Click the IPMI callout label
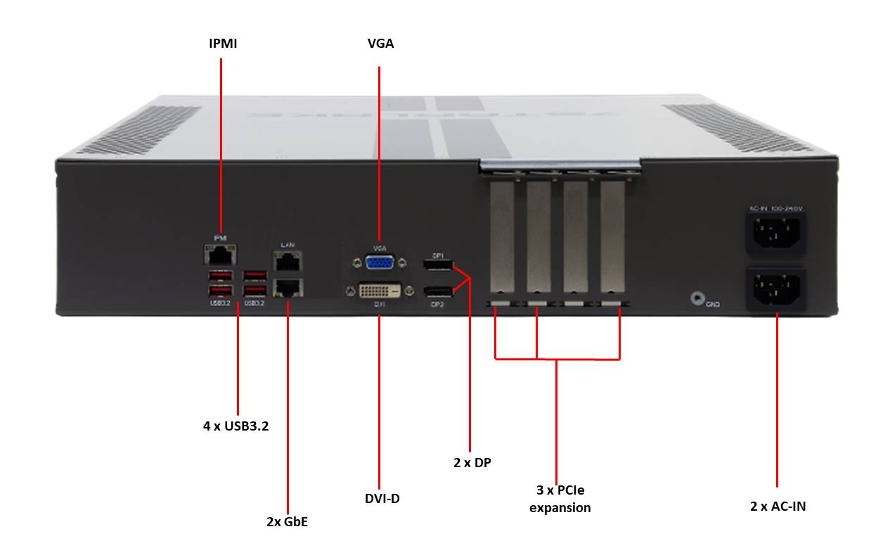(222, 44)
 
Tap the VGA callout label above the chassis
(380, 44)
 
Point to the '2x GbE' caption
(287, 521)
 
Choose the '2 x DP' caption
(472, 462)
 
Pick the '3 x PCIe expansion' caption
(560, 498)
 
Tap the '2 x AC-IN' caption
(777, 505)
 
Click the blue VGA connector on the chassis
(380, 262)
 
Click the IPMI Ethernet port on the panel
(219, 254)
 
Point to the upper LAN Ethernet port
(286, 262)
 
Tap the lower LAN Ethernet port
(286, 286)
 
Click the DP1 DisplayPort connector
(438, 265)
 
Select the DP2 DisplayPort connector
(438, 291)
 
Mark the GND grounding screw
(697, 298)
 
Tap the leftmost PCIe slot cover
(501, 239)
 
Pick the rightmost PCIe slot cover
(611, 239)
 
